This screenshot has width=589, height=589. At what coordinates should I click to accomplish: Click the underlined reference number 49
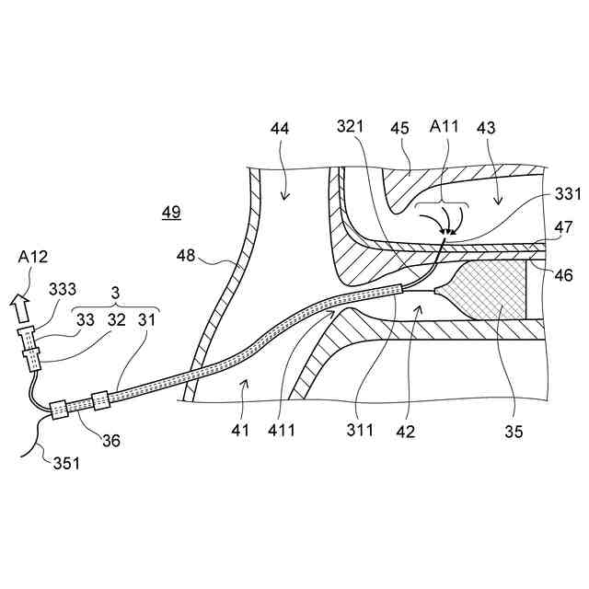171,213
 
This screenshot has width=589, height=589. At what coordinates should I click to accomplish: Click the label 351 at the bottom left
64,463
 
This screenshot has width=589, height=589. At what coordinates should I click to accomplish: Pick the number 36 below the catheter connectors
110,441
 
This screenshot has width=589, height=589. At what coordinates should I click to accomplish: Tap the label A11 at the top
445,128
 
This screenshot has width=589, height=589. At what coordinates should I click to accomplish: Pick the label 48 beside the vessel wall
187,257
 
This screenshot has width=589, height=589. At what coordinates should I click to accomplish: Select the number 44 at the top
280,128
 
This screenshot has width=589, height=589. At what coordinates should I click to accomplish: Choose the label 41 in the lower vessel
240,430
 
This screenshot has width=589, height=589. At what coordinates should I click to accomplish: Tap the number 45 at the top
400,128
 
